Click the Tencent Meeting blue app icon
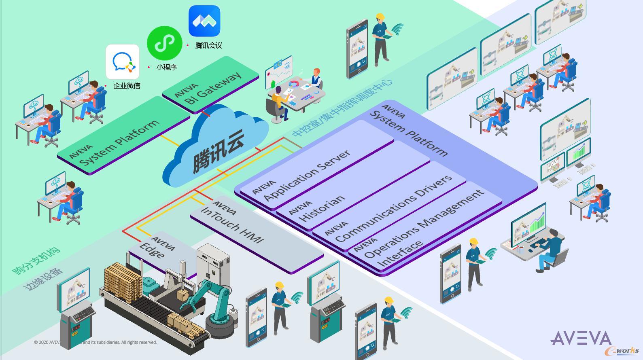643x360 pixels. coord(204,21)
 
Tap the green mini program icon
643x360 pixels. coord(164,43)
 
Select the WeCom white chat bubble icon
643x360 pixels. coord(123,62)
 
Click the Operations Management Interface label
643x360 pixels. coord(423,231)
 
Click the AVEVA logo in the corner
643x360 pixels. coord(581,338)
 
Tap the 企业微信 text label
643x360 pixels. coord(127,86)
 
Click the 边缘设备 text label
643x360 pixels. coord(43,279)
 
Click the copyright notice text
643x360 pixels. coord(95,342)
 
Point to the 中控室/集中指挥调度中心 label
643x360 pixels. coord(342,108)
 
